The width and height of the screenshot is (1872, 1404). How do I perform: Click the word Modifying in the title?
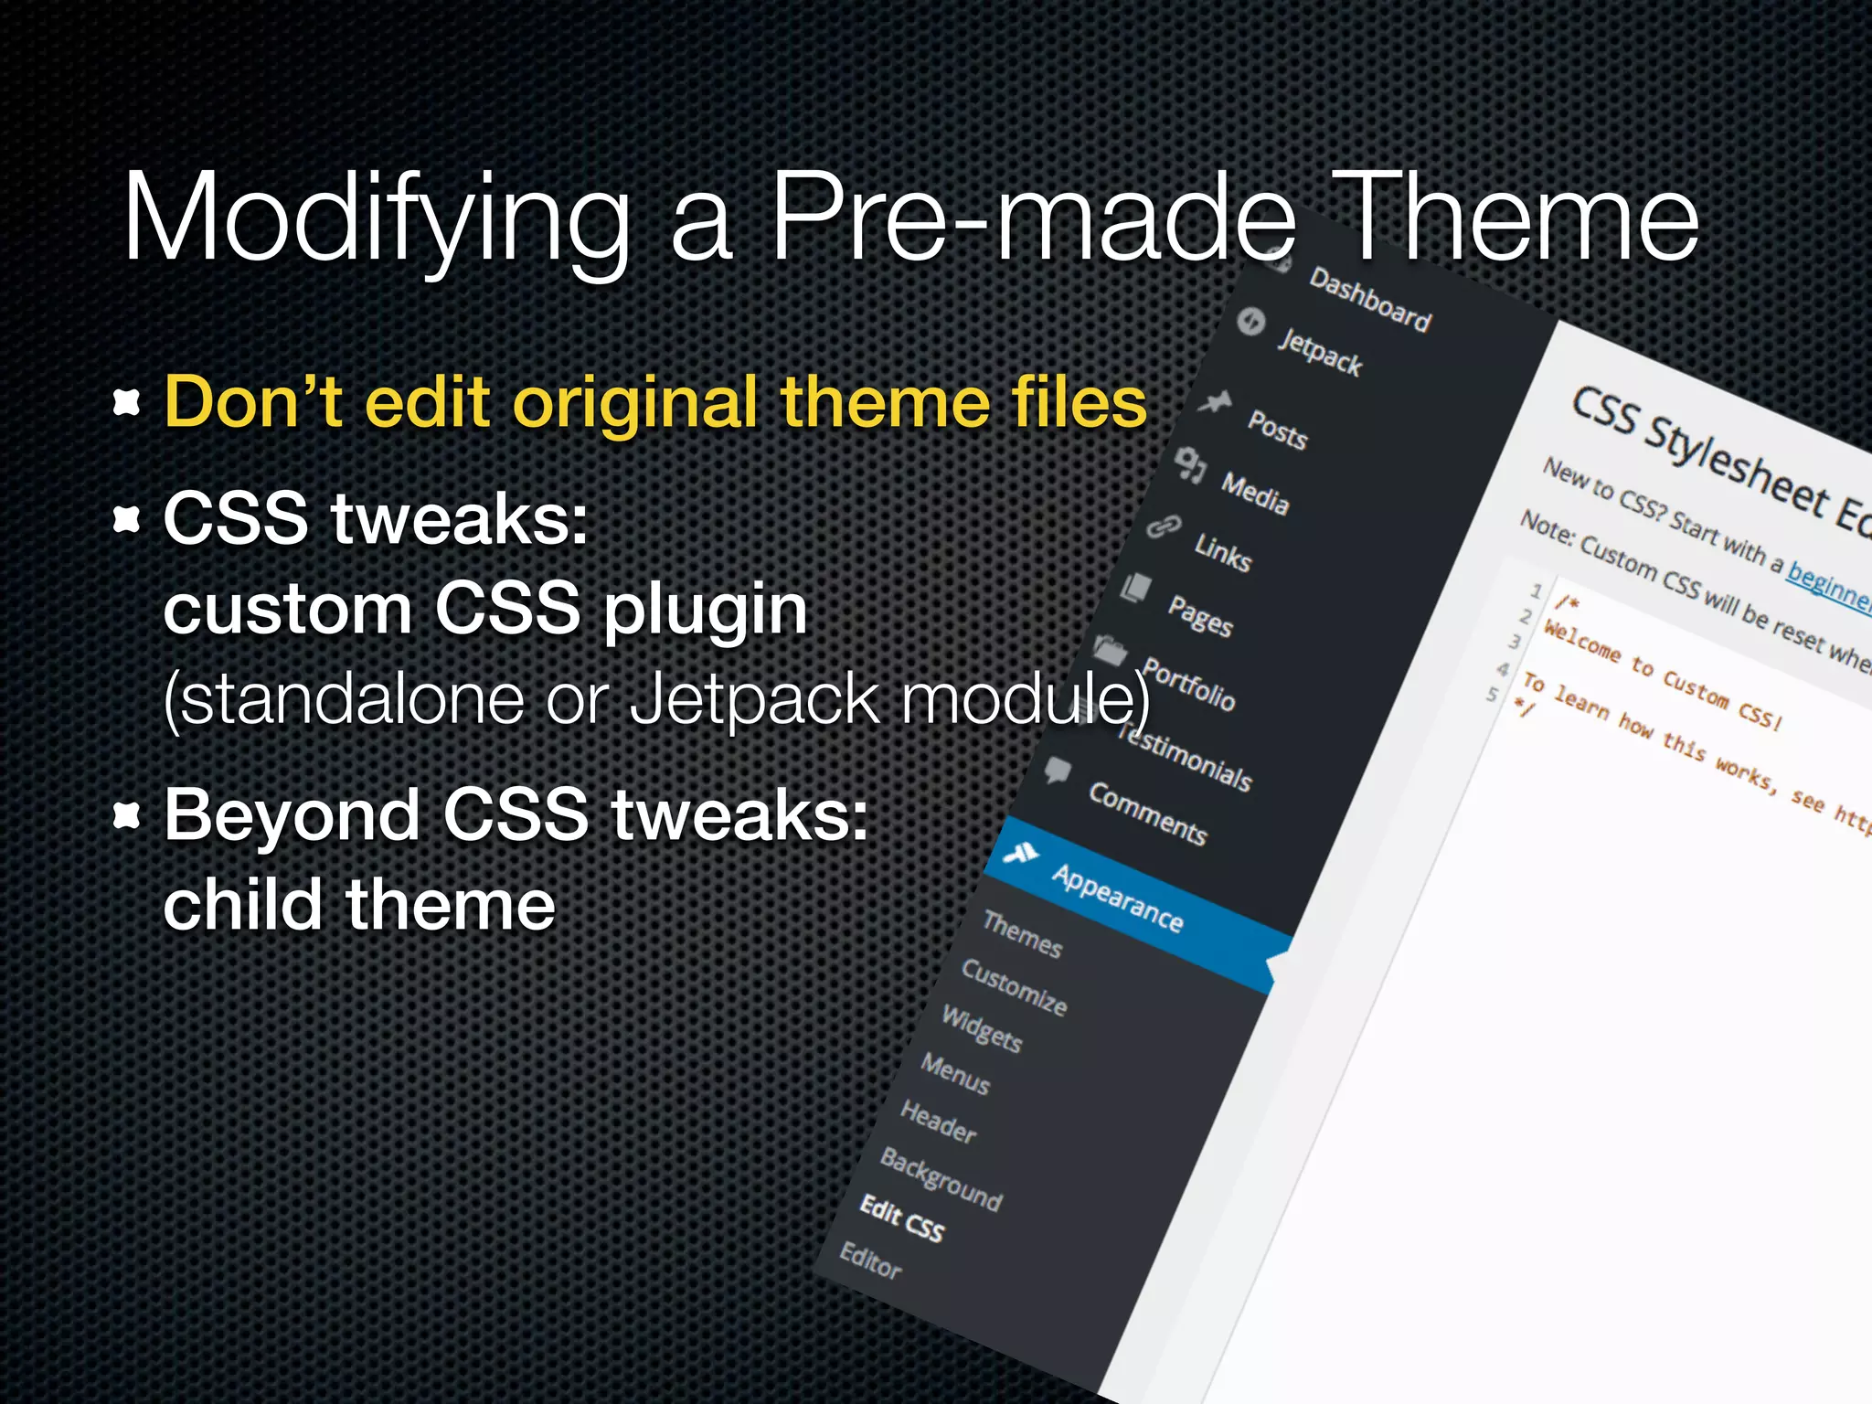pyautogui.click(x=375, y=219)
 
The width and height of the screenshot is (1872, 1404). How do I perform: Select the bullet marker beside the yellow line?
pyautogui.click(x=127, y=402)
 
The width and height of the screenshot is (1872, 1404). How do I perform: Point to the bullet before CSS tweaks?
pyautogui.click(x=127, y=519)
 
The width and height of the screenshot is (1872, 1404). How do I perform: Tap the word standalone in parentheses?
pyautogui.click(x=344, y=699)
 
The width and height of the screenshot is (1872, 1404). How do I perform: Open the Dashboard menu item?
pyautogui.click(x=1369, y=300)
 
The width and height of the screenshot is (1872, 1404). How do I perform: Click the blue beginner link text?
pyautogui.click(x=1828, y=585)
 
